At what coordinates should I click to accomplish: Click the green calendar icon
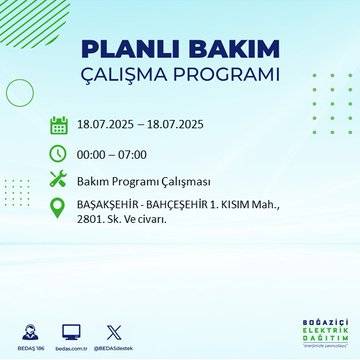click(59, 125)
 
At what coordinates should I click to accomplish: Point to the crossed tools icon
click(59, 181)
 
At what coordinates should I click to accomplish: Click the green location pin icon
click(59, 212)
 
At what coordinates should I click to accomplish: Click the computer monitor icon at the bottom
click(71, 329)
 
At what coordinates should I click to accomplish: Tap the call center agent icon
click(28, 329)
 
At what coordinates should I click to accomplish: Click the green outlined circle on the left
click(20, 92)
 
